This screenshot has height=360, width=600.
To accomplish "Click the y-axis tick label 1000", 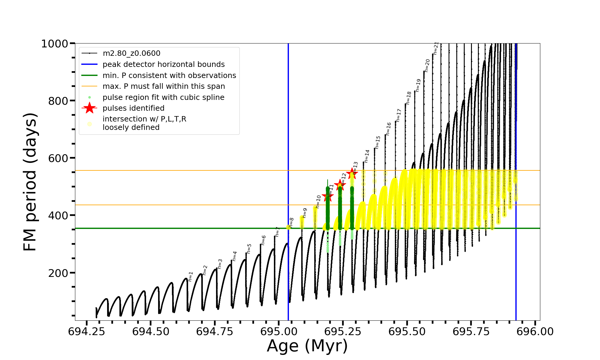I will (55, 44).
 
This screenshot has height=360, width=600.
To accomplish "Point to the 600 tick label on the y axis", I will (58, 158).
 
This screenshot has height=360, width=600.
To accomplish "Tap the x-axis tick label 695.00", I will (279, 331).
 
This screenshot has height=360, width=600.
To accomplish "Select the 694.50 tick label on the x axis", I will (151, 331).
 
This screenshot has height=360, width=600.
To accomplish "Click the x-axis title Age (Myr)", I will (307, 346).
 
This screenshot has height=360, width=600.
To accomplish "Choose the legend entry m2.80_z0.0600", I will (131, 53).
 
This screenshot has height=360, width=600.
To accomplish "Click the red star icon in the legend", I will (89, 108).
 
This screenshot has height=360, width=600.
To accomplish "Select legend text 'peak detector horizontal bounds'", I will (163, 64).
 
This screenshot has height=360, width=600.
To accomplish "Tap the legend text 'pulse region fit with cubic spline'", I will (163, 97).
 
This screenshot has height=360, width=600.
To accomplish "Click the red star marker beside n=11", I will (327, 197).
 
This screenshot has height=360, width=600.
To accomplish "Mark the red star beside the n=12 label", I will (340, 185).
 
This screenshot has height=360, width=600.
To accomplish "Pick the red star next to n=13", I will (352, 174).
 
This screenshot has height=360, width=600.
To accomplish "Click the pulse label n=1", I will (190, 277).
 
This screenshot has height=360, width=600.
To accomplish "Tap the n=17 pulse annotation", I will (398, 115).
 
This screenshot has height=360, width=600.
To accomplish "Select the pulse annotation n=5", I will (249, 249).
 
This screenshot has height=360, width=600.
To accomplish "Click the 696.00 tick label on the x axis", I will (535, 331).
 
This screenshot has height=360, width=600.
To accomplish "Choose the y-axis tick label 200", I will (58, 273).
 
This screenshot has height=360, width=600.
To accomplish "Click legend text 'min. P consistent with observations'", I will (169, 76).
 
